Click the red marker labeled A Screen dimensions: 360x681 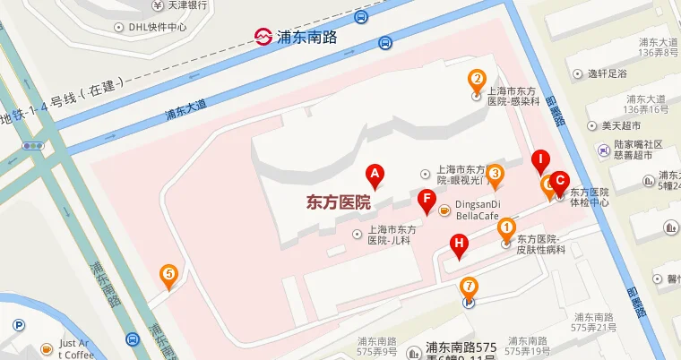point(375,174)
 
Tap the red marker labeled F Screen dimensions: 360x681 point(427,198)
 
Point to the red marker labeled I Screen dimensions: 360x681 point(539,162)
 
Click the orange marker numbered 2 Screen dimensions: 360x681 point(478,79)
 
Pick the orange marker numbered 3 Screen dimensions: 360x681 point(494,174)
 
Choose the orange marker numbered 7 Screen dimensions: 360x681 point(468,287)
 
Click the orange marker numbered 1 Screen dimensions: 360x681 point(506,228)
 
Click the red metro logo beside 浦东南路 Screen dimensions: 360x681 point(263,37)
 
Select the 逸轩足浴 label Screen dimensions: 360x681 point(607,73)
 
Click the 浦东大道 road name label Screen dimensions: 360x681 point(185,110)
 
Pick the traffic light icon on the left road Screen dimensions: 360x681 point(34,146)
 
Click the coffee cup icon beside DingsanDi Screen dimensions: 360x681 point(444,210)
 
